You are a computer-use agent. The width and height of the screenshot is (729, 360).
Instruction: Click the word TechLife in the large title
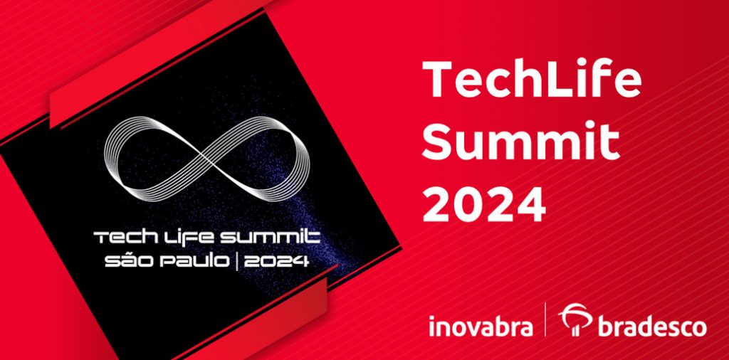point(532,80)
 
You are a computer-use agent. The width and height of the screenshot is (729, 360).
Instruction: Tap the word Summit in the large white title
point(520,141)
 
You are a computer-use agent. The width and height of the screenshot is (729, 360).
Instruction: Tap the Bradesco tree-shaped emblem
point(575,319)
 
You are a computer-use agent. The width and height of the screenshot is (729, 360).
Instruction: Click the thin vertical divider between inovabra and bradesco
point(545,319)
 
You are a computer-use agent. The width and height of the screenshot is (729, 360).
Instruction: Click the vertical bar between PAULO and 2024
point(237,261)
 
